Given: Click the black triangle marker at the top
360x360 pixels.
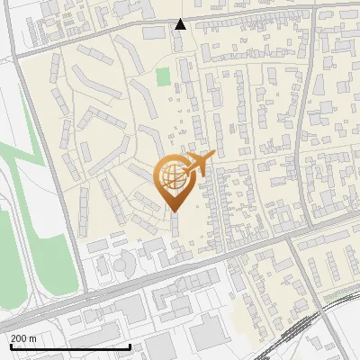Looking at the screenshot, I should coord(180,24).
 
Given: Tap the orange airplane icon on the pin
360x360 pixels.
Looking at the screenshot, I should coord(200,163).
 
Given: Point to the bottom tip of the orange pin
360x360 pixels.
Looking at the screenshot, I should coord(175,211).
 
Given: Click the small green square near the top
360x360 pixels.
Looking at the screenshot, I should coord(163,76).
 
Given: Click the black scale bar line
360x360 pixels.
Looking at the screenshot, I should coord(70,346).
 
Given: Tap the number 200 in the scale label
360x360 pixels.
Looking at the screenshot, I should coord(19,338).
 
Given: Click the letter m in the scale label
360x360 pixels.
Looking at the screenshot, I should coord(32,338).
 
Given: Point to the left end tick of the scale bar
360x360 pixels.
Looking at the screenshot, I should coord(10,346).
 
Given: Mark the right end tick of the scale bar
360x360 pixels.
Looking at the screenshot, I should coord(130,346).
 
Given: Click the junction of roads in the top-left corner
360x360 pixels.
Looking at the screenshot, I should coord(15,54).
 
